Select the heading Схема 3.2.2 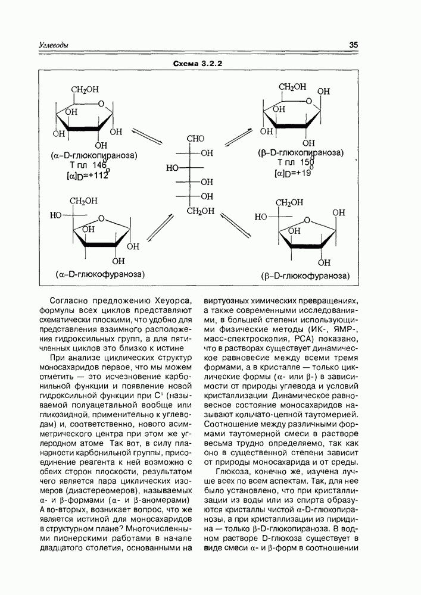coord(197,63)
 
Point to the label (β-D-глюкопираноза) coord(301,152)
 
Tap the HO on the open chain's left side coord(173,168)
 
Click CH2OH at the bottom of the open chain coord(199,211)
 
